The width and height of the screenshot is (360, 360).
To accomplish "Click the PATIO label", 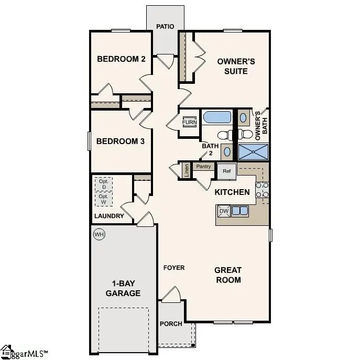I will click(165, 26).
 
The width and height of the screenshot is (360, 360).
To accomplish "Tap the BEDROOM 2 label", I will click(121, 59).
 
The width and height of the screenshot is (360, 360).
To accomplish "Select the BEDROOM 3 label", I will click(116, 141).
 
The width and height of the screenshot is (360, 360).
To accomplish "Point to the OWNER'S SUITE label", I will click(236, 66).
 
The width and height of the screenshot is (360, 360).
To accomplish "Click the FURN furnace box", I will click(189, 122).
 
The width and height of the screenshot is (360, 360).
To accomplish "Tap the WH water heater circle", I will click(99, 234).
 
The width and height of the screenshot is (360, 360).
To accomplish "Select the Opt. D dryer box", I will click(104, 184).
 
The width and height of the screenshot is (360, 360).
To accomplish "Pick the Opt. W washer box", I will click(104, 199).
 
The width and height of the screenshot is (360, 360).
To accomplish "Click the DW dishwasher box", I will click(224, 211).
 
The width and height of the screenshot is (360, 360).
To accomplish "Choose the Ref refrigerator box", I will click(227, 171).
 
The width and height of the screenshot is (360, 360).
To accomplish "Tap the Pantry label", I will click(203, 167).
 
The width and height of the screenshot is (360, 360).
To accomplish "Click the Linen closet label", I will click(186, 170).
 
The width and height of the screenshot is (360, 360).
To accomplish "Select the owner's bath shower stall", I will click(254, 151).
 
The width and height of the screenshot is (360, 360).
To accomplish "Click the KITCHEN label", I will click(232, 192).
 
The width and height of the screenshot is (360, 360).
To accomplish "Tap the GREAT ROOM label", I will click(228, 275).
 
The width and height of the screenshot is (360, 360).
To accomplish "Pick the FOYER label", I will click(174, 268).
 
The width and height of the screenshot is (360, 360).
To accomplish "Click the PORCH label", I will click(171, 324).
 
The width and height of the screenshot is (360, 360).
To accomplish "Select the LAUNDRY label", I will click(109, 216).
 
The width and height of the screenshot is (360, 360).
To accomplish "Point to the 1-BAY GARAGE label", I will click(123, 288).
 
